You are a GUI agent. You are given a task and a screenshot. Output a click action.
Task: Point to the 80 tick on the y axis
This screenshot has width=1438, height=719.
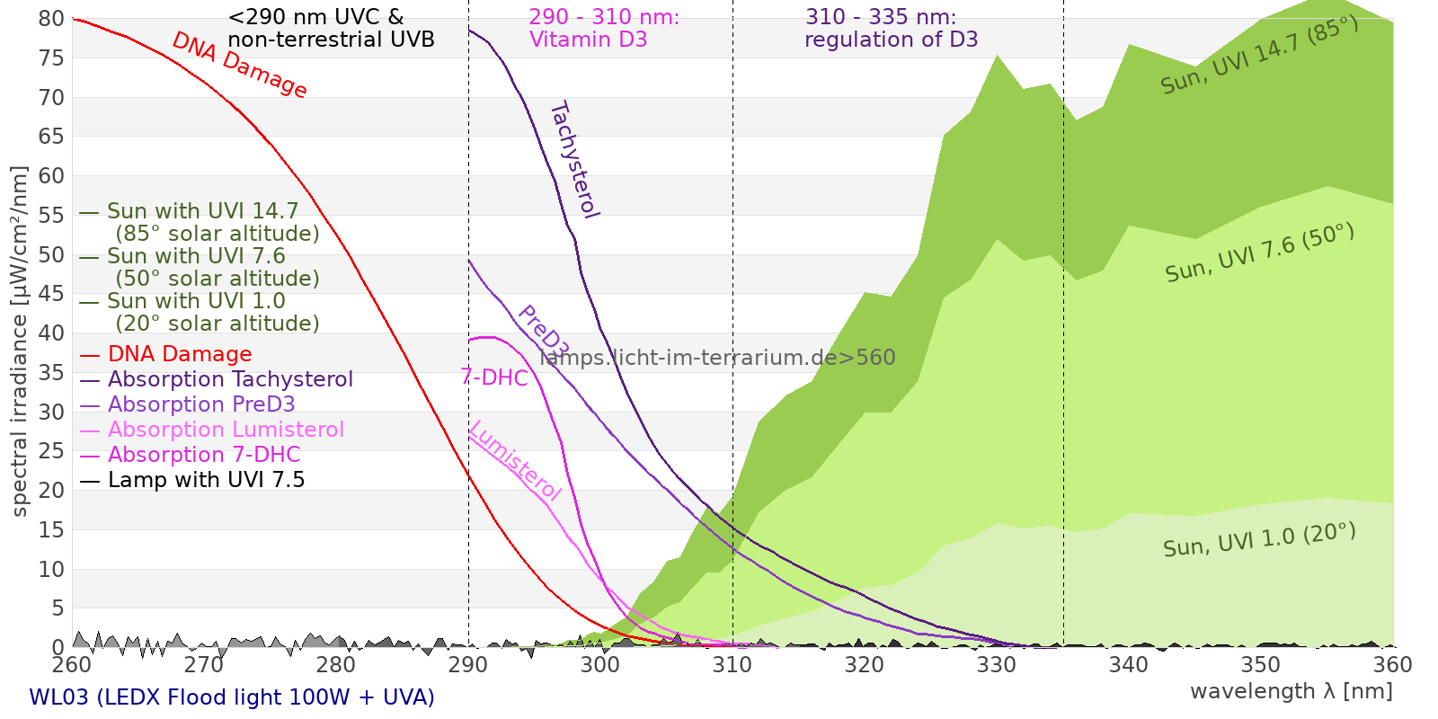tap(51, 19)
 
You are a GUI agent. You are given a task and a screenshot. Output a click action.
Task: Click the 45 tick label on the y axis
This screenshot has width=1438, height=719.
tap(51, 294)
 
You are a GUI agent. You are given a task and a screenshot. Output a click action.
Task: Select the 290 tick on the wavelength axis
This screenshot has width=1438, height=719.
tap(468, 665)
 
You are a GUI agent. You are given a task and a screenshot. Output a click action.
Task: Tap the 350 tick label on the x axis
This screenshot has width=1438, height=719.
tap(1261, 665)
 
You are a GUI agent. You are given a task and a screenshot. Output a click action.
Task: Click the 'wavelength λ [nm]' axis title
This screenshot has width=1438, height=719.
tap(1291, 691)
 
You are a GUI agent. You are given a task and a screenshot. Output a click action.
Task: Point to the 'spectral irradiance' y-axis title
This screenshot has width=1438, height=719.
tap(20, 342)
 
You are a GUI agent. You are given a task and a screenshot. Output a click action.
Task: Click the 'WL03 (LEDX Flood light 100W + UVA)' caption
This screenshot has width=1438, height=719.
tap(232, 697)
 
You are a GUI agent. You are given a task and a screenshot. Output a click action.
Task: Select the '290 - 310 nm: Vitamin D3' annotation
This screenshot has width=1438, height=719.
tap(603, 29)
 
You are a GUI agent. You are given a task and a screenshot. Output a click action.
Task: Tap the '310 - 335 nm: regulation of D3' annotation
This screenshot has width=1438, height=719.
tap(890, 29)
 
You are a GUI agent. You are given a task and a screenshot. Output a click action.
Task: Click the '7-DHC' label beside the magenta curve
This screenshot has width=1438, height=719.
tap(493, 377)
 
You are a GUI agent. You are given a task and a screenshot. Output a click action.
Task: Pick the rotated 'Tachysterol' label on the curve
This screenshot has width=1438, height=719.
tap(574, 160)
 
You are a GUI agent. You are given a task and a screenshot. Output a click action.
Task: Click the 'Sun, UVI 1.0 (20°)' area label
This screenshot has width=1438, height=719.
tap(1258, 541)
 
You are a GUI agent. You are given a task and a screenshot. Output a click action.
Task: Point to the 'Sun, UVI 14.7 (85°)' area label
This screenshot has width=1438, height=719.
tap(1258, 56)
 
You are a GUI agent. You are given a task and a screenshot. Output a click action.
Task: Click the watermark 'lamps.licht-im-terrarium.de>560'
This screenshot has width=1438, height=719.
tap(717, 358)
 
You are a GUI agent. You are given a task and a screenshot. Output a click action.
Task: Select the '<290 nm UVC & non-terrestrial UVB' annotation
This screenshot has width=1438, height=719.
tap(331, 29)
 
